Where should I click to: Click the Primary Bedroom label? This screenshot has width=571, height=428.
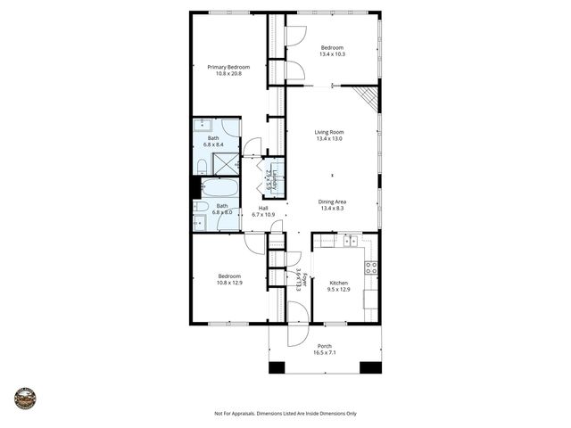228,67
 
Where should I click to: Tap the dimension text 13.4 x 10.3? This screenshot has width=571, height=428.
332,54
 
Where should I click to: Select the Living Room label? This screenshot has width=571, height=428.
329,132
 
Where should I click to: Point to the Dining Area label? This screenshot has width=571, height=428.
332,202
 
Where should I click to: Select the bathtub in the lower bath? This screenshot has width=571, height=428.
219,188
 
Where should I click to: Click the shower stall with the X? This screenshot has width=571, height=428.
226,163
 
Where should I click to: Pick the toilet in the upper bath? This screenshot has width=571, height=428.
202,166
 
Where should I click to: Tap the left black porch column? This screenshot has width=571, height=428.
277,366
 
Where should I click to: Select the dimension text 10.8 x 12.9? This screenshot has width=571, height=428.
230,283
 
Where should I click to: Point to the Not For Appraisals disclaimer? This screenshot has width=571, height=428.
285,414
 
